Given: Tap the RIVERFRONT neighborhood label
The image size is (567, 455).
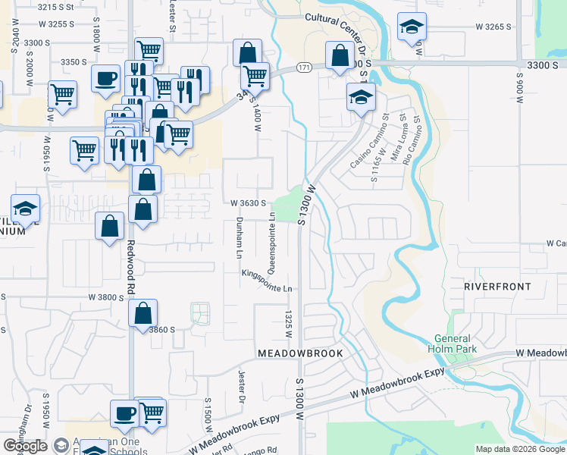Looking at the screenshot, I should (497, 287).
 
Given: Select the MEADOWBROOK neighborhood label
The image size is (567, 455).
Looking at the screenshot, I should (300, 354).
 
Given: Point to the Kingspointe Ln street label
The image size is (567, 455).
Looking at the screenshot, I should (267, 281).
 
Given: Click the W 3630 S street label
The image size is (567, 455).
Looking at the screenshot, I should (248, 203).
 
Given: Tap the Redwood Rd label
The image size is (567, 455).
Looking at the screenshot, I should (130, 268).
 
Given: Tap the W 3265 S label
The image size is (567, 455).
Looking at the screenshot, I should (493, 27).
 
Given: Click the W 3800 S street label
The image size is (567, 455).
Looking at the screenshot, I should (105, 298).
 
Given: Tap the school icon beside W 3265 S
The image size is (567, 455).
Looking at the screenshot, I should (411, 28).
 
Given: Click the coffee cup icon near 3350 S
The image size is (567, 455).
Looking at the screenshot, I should (105, 77).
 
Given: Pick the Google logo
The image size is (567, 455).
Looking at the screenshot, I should (25, 446).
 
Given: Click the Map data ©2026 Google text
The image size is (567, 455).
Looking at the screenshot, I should (520, 449).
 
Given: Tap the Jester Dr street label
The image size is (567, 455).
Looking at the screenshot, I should (242, 384).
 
